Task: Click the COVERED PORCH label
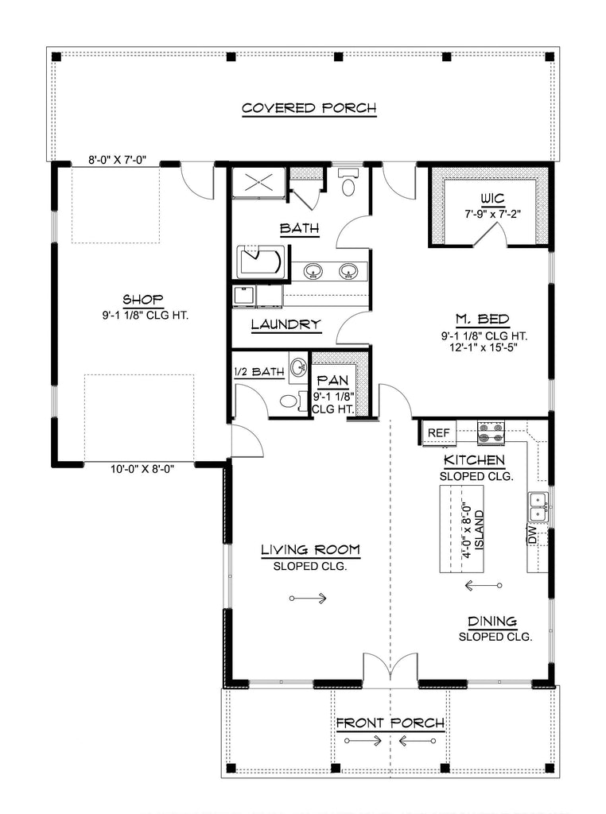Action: (x=309, y=108)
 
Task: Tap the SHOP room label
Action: (x=143, y=300)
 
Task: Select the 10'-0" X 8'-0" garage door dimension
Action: (x=142, y=469)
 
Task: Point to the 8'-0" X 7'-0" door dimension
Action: (x=117, y=161)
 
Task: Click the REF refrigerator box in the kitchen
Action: (x=439, y=433)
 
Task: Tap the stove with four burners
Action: (x=491, y=433)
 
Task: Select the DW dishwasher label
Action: (x=532, y=535)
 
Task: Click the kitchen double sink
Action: (x=538, y=506)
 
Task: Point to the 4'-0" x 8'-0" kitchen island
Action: (x=461, y=529)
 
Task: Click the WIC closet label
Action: (x=492, y=198)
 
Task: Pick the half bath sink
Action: (x=298, y=367)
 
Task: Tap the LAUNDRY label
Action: (x=286, y=325)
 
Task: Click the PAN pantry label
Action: (x=333, y=381)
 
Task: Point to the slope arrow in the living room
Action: (x=308, y=599)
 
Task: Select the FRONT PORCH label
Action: (x=390, y=723)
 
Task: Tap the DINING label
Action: (x=492, y=621)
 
